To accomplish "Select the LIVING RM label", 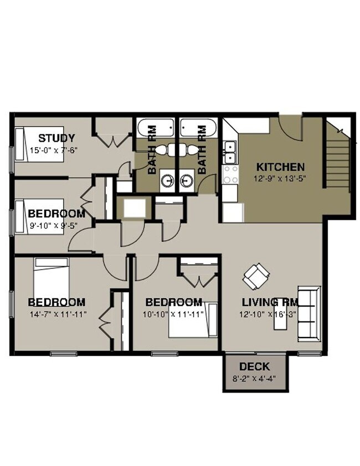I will coord(270,302).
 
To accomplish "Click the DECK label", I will coord(255,366).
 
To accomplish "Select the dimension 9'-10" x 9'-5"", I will coord(56,225).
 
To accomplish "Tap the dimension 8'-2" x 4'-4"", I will coord(255,379).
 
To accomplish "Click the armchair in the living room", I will coord(256,275).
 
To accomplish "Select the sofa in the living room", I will coord(309,313).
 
